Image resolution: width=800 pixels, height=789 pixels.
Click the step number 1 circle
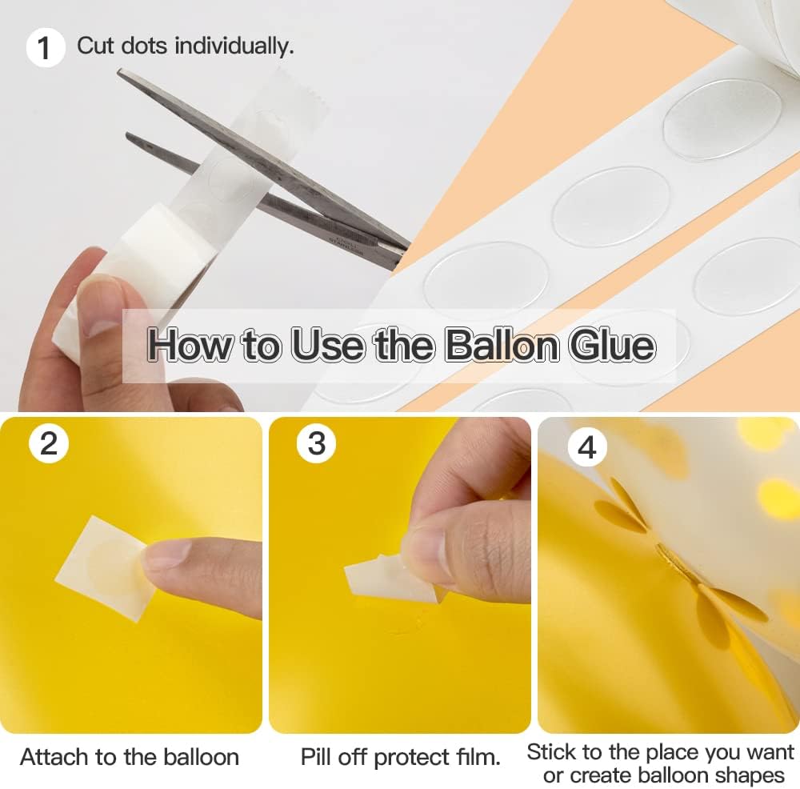44,47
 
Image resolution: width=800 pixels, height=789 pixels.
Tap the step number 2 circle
49,443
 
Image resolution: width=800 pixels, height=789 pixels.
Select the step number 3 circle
317,443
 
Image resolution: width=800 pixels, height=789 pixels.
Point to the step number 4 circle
586,447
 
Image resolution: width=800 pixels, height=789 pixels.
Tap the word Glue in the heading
612,345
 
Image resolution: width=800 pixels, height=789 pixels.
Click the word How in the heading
190,345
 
